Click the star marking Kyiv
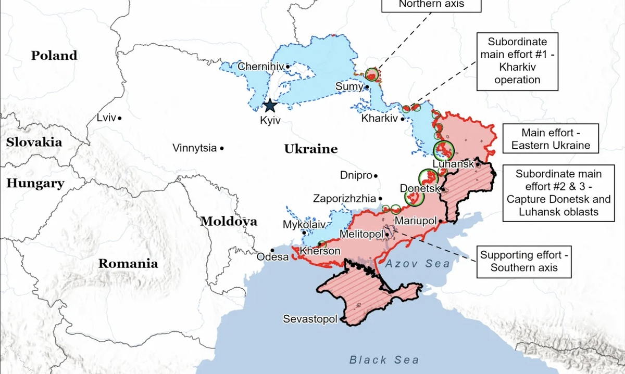click(269, 106)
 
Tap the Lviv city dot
click(120, 119)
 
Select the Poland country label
click(54, 56)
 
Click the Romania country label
click(128, 263)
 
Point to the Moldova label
click(229, 221)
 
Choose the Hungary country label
click(35, 183)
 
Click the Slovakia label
click(34, 142)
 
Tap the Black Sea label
click(384, 359)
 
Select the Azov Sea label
click(418, 264)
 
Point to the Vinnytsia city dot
click(222, 149)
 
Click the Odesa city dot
click(272, 250)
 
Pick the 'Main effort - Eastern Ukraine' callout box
click(551, 139)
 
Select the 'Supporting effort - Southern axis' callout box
click(525, 261)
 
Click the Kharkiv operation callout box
click(517, 61)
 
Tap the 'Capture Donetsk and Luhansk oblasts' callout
click(558, 193)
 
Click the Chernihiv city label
click(260, 67)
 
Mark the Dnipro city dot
click(376, 176)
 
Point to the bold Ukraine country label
click(310, 150)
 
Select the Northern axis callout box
click(431, 5)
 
